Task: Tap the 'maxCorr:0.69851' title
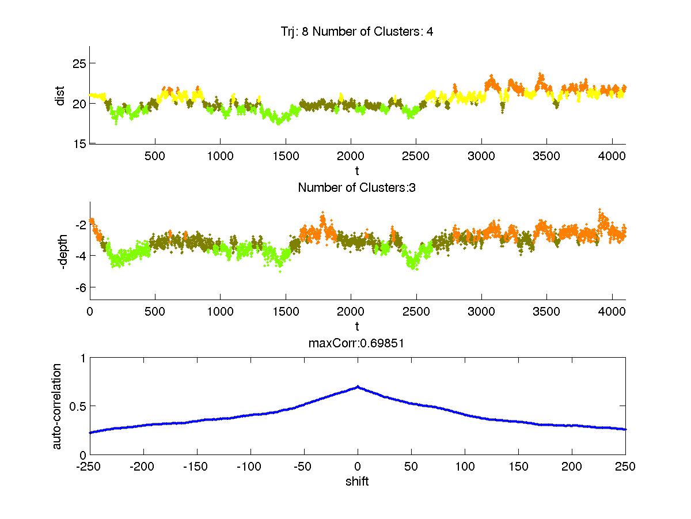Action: click(x=357, y=344)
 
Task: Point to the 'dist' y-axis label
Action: click(x=60, y=96)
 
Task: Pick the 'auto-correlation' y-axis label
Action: click(x=57, y=406)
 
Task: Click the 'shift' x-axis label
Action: click(x=357, y=481)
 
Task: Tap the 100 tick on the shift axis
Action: click(x=465, y=467)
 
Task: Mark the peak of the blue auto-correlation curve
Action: click(x=358, y=387)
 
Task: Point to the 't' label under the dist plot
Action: click(x=357, y=171)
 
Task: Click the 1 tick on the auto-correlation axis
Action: click(x=82, y=358)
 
